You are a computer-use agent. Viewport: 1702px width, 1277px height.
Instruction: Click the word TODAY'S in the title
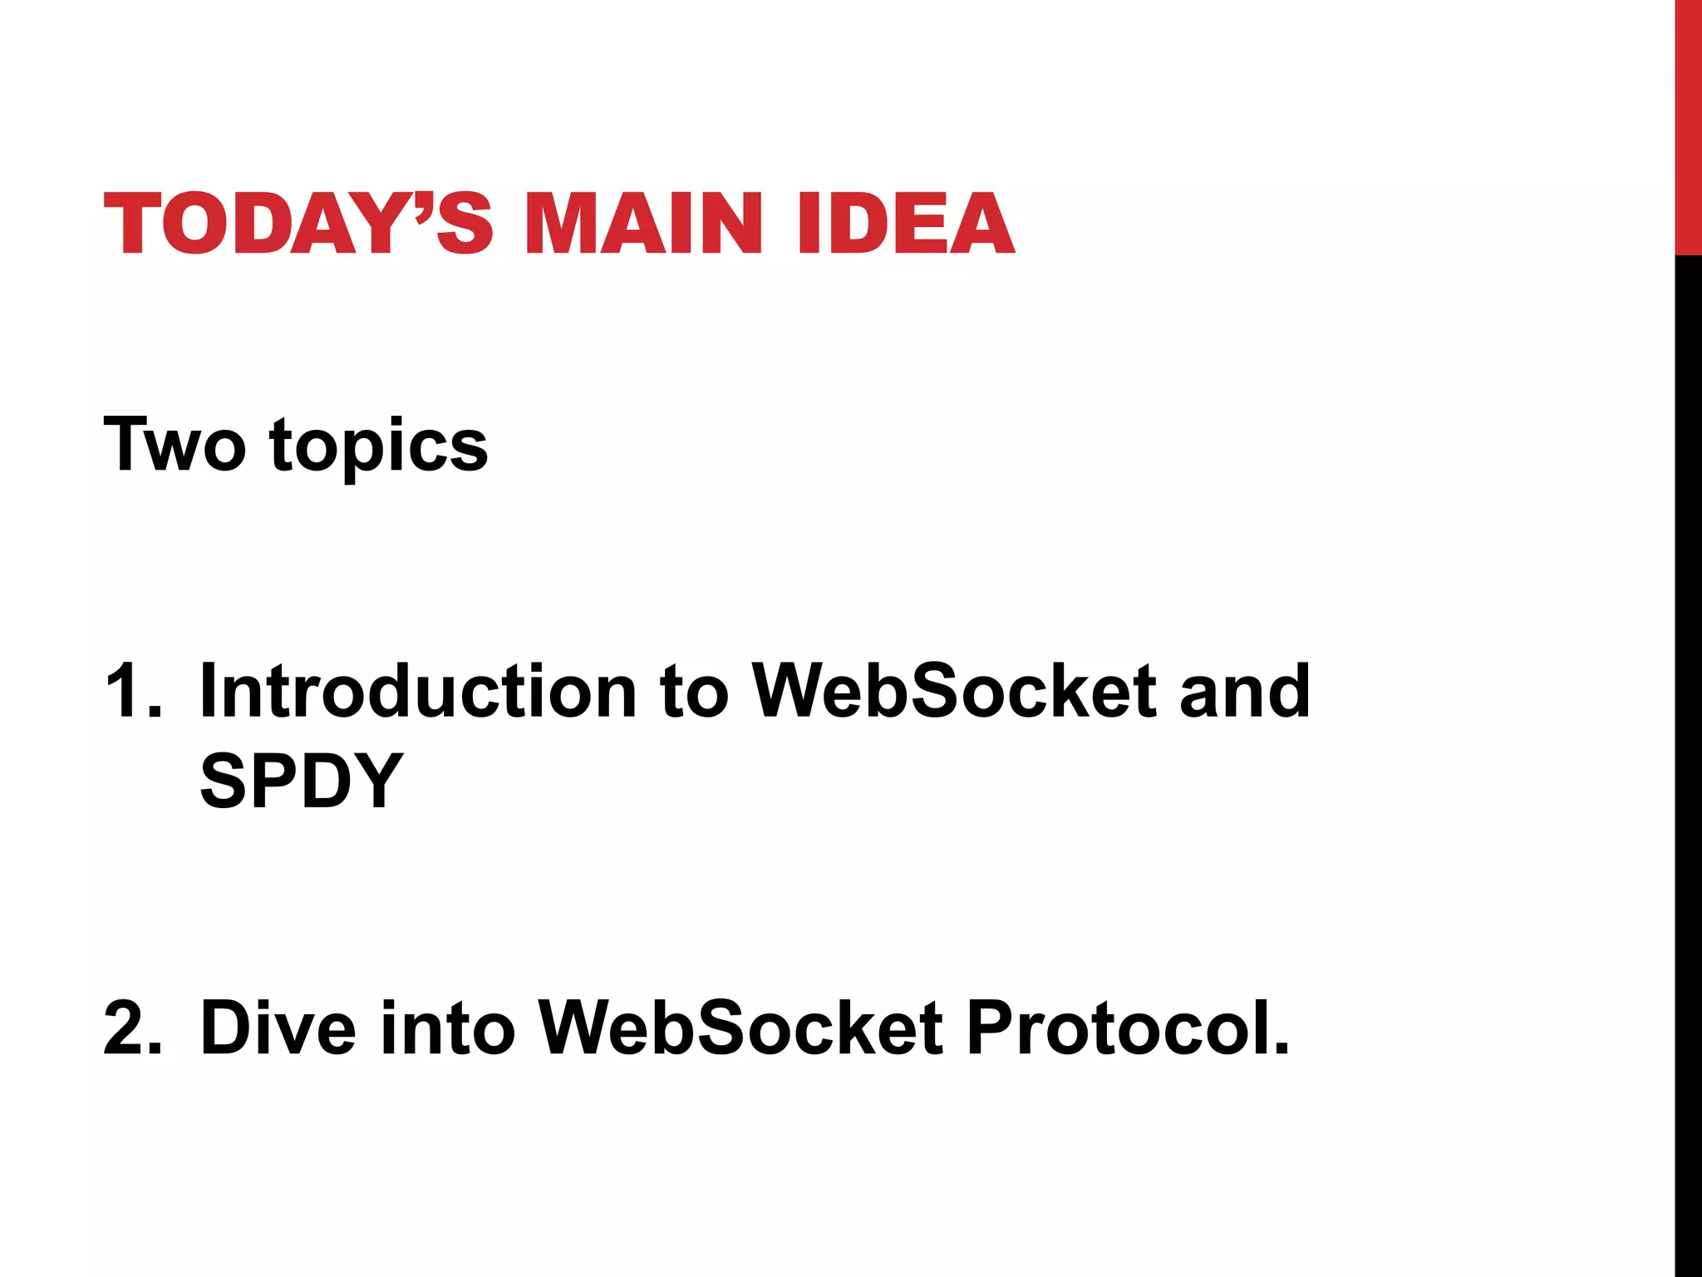pyautogui.click(x=298, y=223)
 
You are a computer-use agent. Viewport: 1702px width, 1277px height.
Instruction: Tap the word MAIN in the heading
pyautogui.click(x=643, y=223)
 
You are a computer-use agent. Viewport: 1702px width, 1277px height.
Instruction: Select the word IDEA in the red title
pyautogui.click(x=905, y=223)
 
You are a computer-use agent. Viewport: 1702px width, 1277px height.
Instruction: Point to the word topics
pyautogui.click(x=379, y=449)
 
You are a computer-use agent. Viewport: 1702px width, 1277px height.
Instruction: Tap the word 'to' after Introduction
pyautogui.click(x=694, y=692)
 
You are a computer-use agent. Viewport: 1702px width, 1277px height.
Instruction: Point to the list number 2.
pyautogui.click(x=132, y=1028)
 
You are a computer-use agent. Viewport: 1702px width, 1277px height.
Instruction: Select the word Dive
pyautogui.click(x=278, y=1028)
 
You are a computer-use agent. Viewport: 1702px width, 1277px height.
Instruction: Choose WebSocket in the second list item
pyautogui.click(x=740, y=1028)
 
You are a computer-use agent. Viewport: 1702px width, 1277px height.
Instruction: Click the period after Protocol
pyautogui.click(x=1281, y=1051)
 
